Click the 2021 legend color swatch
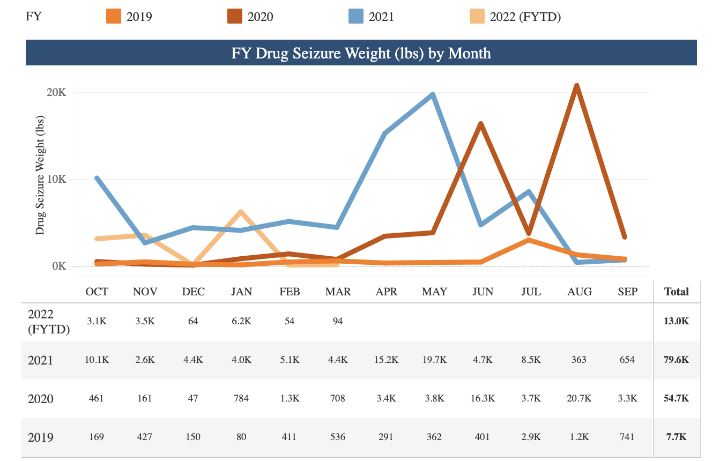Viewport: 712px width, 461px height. (355, 16)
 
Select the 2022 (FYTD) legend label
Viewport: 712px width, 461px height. (525, 17)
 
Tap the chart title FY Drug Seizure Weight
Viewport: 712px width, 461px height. (361, 53)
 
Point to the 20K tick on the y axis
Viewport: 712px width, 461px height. (56, 92)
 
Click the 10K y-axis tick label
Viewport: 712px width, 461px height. (56, 179)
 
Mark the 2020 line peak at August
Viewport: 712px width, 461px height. (576, 86)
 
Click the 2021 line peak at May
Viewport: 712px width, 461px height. (432, 95)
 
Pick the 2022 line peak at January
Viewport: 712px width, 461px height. (241, 212)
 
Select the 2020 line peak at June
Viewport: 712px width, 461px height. (481, 124)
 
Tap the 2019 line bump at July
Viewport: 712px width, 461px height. (529, 240)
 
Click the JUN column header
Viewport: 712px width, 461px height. (483, 292)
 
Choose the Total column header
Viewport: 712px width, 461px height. (676, 292)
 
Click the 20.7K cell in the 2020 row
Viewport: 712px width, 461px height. (579, 398)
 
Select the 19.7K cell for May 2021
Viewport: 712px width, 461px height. (434, 360)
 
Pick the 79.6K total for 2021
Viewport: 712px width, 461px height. (676, 360)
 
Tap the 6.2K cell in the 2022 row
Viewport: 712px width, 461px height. (241, 321)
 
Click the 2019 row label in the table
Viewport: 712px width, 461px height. (41, 437)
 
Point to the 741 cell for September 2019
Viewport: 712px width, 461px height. (627, 437)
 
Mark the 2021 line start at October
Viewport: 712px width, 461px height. (97, 178)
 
